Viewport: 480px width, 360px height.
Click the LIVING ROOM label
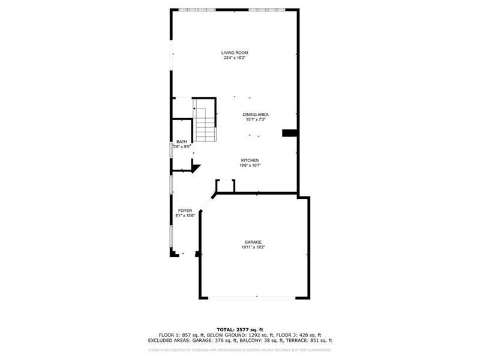(x=235, y=53)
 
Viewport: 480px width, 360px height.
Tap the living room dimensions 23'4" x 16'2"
(x=235, y=58)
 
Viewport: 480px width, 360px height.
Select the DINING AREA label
(x=255, y=115)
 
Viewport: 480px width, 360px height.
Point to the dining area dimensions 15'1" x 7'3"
(x=255, y=120)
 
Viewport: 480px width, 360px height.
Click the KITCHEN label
(x=250, y=160)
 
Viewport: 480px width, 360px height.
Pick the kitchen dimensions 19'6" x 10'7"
(x=250, y=166)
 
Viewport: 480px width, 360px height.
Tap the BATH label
(x=181, y=142)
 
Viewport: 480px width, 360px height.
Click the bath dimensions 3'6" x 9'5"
(x=181, y=147)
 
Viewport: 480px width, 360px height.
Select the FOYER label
(x=185, y=210)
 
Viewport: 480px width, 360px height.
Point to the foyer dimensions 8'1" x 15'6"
(x=185, y=215)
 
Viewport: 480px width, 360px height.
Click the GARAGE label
(x=253, y=242)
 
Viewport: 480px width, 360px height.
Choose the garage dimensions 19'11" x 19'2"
(x=253, y=247)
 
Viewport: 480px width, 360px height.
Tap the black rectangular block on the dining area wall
(x=290, y=133)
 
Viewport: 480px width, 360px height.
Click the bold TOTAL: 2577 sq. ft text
(x=240, y=329)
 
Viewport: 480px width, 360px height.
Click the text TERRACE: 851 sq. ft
(x=311, y=340)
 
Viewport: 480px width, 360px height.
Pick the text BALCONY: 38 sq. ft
(x=263, y=340)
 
